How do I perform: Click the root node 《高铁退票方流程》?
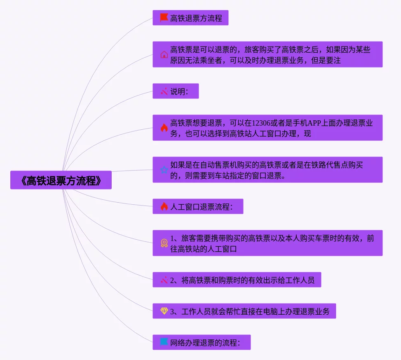(61, 180)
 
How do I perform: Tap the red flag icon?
(164, 18)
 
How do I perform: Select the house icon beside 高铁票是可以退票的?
(164, 54)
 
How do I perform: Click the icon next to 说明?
(164, 91)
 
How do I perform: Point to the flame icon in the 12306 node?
(164, 128)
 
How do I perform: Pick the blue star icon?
(164, 170)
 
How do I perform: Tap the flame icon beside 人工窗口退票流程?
(164, 206)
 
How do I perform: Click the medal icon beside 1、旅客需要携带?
(164, 243)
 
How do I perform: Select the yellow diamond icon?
(164, 311)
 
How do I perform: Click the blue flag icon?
(164, 342)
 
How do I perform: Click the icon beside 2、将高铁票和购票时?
(164, 280)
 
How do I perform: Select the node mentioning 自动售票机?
(267, 170)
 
